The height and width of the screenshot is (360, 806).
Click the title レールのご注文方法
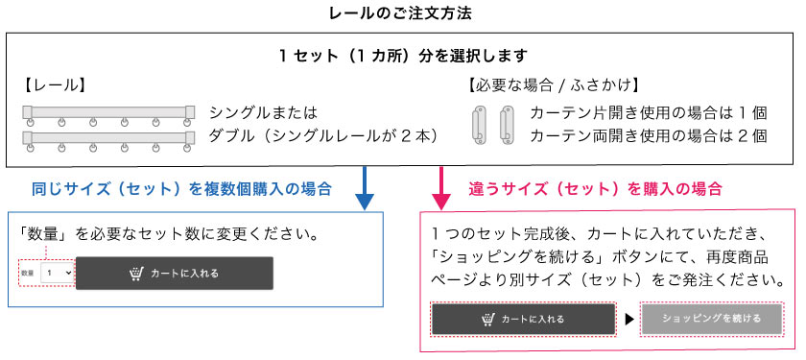pos(403,13)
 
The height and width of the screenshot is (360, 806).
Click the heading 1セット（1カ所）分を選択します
pos(402,57)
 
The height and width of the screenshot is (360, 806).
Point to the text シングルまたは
pos(263,112)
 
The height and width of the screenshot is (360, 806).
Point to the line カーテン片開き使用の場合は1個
pos(649,112)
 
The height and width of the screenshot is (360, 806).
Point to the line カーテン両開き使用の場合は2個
pos(649,136)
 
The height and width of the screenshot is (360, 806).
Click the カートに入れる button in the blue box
pos(175,273)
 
